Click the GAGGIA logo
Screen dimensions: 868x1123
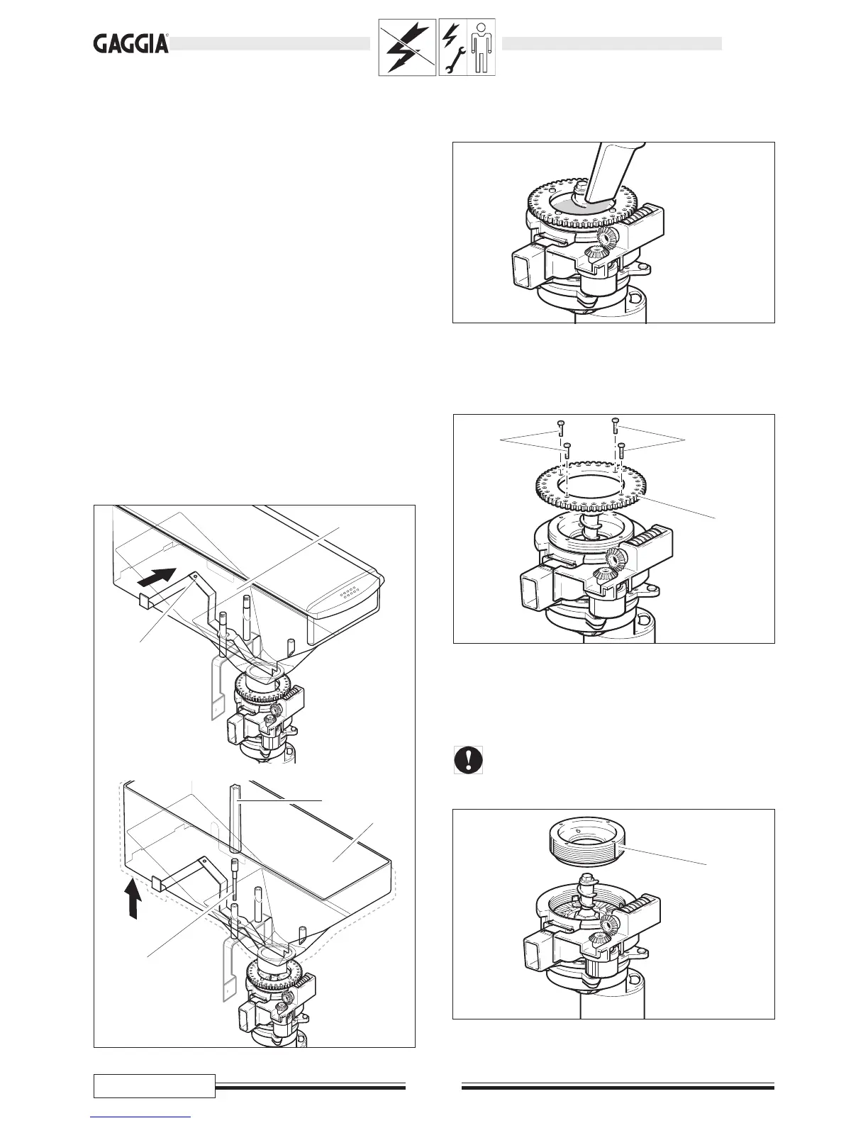tap(131, 45)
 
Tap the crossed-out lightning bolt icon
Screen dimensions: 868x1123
tap(407, 48)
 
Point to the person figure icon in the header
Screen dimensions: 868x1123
tap(482, 48)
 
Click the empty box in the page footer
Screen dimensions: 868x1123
tap(155, 1085)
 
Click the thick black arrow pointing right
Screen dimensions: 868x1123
tap(157, 576)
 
